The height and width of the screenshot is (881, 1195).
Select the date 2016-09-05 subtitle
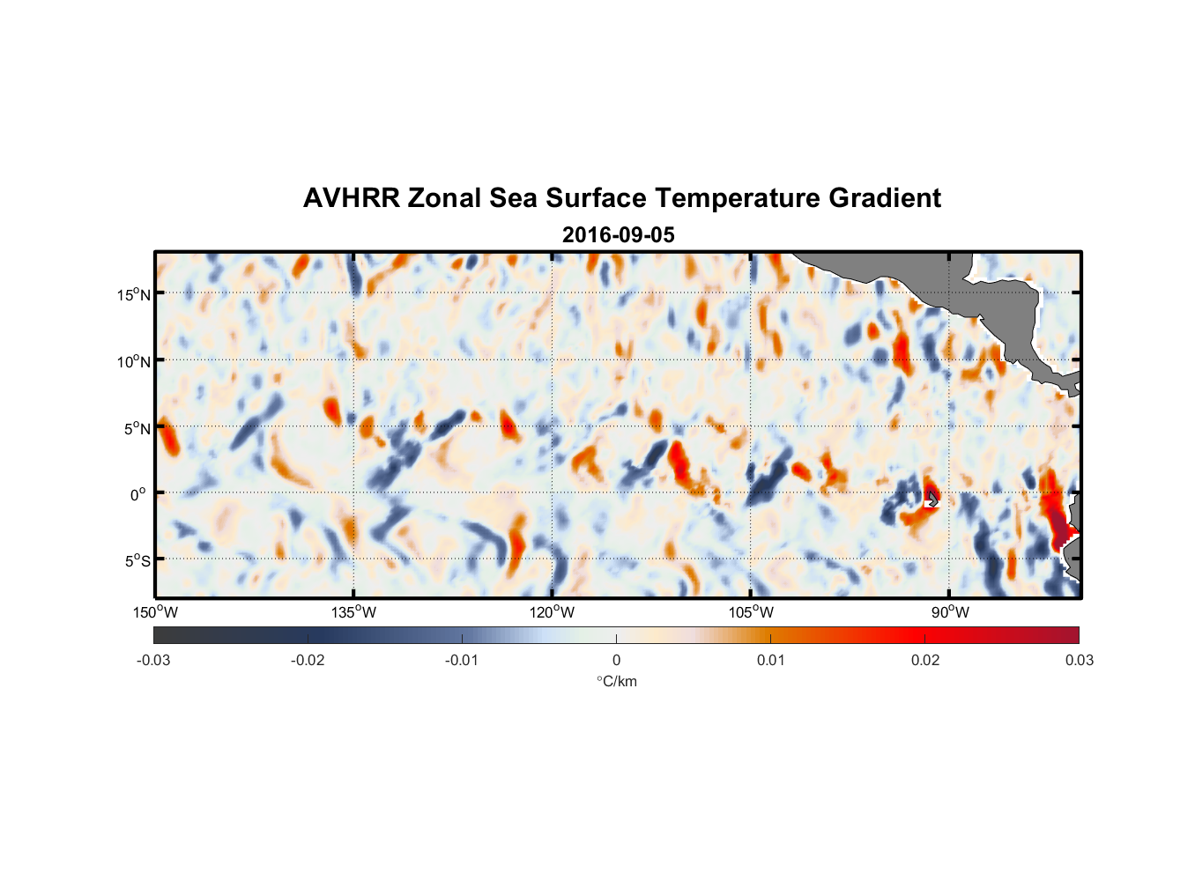(618, 235)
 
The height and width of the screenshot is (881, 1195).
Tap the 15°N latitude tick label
(134, 294)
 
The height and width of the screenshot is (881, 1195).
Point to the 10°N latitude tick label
(134, 361)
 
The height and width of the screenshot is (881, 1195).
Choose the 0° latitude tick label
(137, 494)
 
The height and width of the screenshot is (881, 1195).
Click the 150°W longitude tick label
(155, 612)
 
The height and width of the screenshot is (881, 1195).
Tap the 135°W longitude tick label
(353, 612)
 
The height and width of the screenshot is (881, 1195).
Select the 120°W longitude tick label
(553, 612)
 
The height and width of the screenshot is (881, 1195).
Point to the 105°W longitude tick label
(751, 612)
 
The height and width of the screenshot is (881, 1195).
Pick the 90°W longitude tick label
(949, 612)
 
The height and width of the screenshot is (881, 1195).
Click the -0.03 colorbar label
(153, 661)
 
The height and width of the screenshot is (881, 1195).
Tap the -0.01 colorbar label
(462, 661)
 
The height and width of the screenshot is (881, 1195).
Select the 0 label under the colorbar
(616, 661)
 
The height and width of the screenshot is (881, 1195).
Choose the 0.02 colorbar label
(925, 661)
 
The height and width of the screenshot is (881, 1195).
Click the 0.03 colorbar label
(1079, 661)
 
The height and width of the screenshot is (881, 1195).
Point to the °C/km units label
(617, 681)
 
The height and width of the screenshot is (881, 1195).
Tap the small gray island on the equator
(932, 499)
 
